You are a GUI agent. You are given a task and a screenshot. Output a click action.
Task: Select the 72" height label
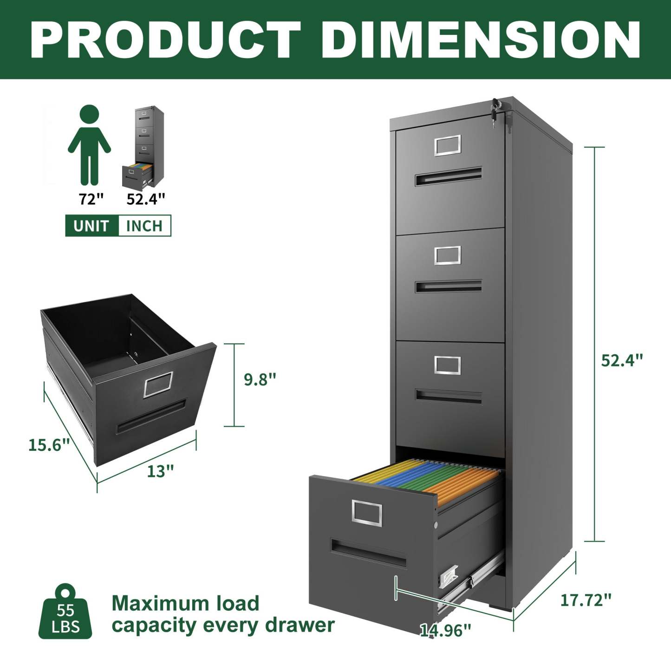click(x=91, y=199)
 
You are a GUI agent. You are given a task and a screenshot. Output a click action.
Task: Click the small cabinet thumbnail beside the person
click(x=143, y=146)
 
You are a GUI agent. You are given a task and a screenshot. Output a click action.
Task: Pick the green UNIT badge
click(x=91, y=226)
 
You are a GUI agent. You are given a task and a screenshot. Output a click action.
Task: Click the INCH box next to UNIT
click(x=144, y=226)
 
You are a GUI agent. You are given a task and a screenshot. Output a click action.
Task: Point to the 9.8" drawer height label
click(x=260, y=379)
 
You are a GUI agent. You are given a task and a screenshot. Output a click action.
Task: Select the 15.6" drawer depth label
click(x=49, y=445)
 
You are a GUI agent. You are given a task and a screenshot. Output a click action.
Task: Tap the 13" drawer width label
click(x=160, y=471)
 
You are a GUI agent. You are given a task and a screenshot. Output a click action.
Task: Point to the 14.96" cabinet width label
click(x=445, y=630)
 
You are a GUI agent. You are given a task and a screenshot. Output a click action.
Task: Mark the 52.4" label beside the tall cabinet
click(x=622, y=360)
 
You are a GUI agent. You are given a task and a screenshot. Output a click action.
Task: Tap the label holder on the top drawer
click(x=448, y=145)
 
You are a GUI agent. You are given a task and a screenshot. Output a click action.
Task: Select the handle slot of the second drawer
click(x=448, y=286)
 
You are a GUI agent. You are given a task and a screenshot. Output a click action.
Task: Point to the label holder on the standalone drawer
click(x=158, y=384)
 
